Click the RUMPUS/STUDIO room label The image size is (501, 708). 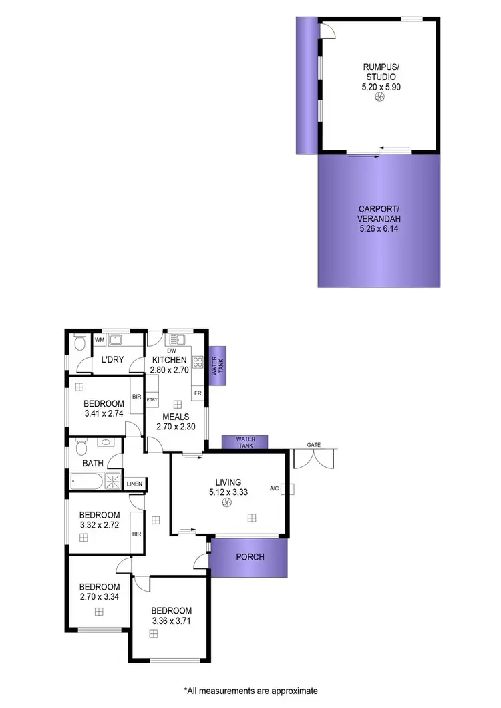click(379, 71)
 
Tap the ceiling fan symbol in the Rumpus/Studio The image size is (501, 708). click(379, 98)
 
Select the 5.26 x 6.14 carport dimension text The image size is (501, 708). click(379, 229)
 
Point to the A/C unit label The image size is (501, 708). click(274, 488)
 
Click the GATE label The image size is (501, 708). click(314, 444)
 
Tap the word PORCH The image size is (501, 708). click(251, 557)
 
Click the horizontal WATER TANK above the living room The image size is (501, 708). click(244, 441)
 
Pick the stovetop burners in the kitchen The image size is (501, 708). click(198, 363)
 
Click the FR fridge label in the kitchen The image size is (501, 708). click(198, 393)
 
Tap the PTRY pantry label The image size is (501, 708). click(152, 400)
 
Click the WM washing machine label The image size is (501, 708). click(100, 341)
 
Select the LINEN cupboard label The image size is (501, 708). click(135, 484)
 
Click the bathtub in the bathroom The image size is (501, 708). click(87, 482)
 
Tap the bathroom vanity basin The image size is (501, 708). click(106, 442)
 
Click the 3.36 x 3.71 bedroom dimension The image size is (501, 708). click(171, 621)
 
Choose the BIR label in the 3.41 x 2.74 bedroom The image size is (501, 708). click(136, 397)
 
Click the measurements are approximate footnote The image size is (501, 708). click(251, 690)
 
